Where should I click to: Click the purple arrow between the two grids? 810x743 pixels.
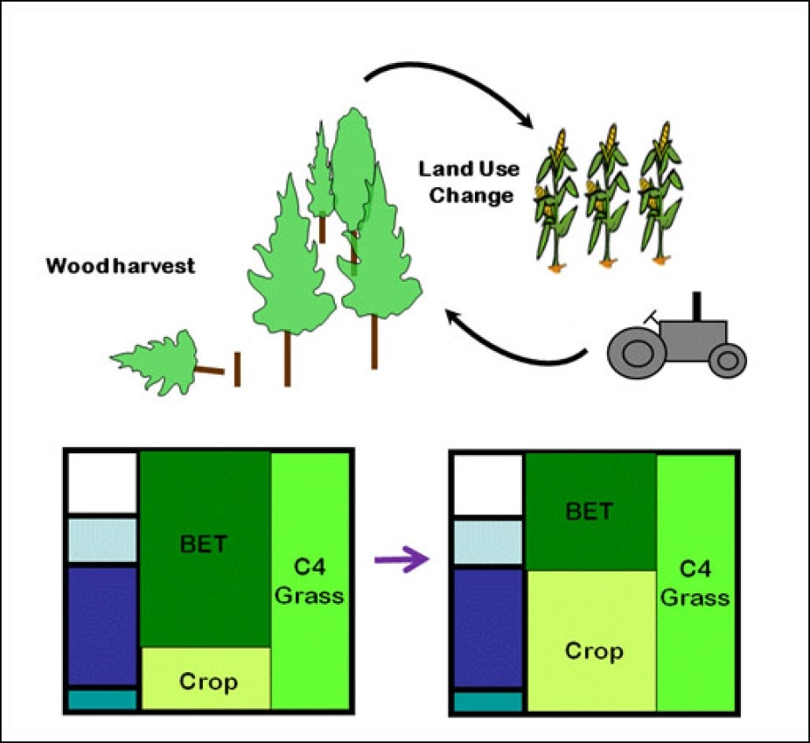point(402,558)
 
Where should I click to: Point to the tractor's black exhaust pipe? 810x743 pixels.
point(697,305)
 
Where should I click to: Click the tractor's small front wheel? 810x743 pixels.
point(727,360)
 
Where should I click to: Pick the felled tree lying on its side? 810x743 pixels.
point(157,361)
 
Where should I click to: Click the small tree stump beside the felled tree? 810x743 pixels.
point(236,368)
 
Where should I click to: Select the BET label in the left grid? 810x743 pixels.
point(203,544)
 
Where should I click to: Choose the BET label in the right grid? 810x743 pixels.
point(589,511)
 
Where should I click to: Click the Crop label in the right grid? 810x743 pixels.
point(594,651)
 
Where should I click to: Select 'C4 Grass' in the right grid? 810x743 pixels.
point(695,584)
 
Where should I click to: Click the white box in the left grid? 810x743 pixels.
point(103,482)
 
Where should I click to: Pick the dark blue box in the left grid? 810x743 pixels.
point(103,626)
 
